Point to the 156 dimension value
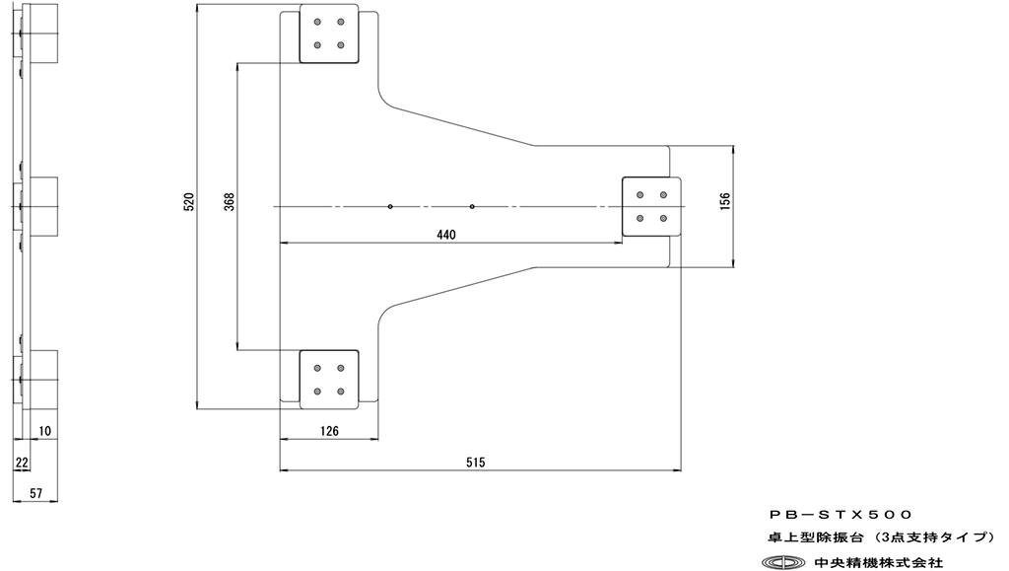point(725,201)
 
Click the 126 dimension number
point(328,430)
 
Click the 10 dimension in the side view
point(46,432)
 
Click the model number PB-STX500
point(841,514)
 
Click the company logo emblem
point(788,562)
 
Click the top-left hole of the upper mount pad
point(317,22)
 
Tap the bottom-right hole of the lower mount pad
point(341,392)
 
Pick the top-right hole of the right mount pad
point(663,194)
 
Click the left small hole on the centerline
point(391,206)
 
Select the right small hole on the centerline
point(473,206)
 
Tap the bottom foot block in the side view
point(44,380)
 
